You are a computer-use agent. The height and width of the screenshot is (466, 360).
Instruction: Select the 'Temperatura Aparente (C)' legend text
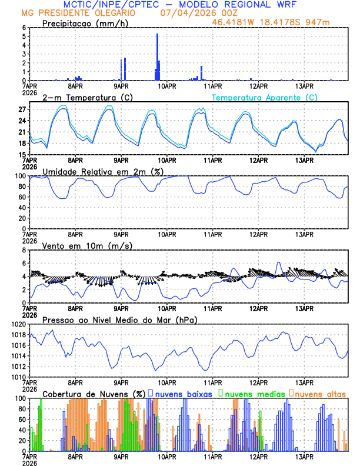click(264, 97)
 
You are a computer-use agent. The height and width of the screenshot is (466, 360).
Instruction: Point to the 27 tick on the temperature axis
click(24, 110)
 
